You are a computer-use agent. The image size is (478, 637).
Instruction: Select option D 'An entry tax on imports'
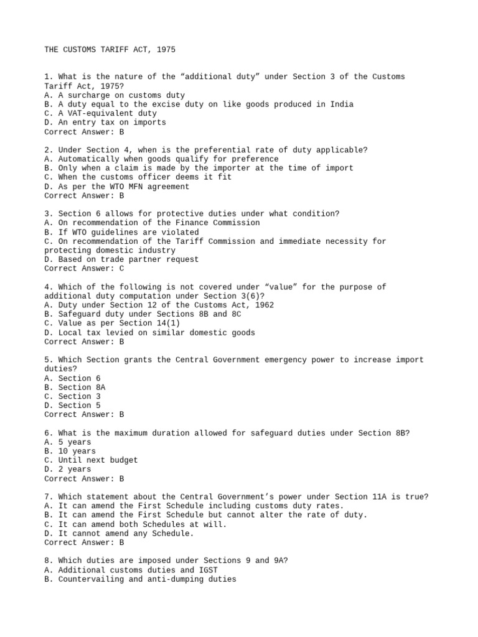[105, 123]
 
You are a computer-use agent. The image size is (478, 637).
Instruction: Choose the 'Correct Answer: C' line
[84, 269]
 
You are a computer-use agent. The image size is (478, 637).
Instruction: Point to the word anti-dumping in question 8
[171, 579]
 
